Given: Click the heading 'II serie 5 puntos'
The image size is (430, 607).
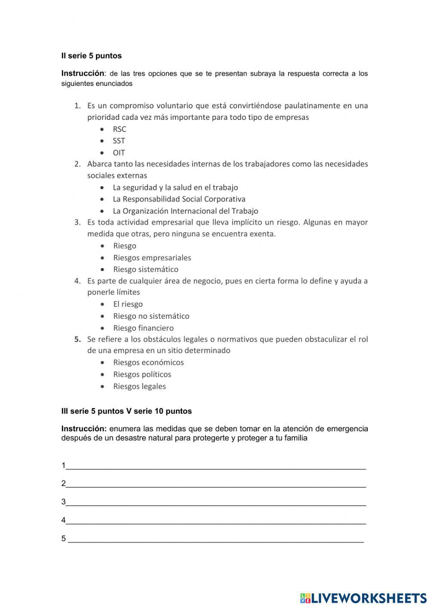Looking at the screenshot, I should pos(91,56).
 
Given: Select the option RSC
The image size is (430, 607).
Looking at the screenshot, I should pos(120,129).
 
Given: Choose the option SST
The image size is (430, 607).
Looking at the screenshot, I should pos(119,141).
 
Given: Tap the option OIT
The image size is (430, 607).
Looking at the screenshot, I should pos(119,153).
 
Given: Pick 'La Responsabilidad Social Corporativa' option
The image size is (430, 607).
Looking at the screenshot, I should pos(179,199).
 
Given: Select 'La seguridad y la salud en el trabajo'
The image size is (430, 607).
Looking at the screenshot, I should pos(175,188).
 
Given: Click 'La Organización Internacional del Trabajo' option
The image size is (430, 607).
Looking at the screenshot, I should pos(185,211).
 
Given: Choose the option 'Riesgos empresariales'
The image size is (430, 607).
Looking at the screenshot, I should pos(152,258).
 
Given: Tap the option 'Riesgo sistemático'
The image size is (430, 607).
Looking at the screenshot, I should pos(145,269).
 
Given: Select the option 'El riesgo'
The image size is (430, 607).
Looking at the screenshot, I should pos(128,304).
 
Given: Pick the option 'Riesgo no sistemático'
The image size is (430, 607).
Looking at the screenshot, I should pos(151,316).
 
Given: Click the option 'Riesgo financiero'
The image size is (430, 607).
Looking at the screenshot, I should pos(143,328).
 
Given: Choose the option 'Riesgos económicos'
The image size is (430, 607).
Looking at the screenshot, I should pos(148,363).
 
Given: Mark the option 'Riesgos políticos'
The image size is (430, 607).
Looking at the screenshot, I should pos(142,375).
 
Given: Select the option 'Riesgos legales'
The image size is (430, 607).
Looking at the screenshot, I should pos(139,387).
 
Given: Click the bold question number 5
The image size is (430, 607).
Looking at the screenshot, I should pos(77,339).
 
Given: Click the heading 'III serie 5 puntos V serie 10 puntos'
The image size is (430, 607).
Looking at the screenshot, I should pos(126,411).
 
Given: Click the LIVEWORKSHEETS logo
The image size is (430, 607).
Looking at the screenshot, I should pos(363,598).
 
